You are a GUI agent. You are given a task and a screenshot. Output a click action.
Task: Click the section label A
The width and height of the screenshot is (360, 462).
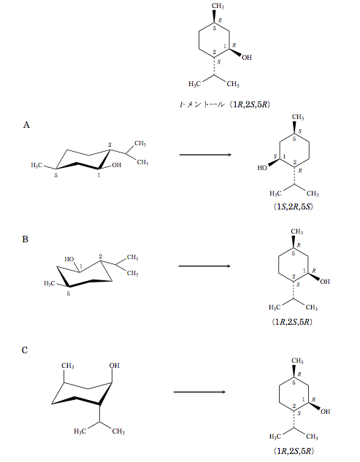(x=26, y=125)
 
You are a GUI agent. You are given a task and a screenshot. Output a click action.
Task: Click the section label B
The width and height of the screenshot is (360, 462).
(x=25, y=239)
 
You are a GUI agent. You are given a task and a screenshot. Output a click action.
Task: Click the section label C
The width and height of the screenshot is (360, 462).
(x=25, y=350)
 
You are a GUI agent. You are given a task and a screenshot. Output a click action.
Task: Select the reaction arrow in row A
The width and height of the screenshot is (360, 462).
(x=205, y=155)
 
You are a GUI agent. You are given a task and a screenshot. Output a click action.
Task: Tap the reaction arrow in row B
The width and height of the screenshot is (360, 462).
(x=204, y=266)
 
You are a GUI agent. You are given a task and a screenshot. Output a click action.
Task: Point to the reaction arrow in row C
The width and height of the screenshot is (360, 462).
(x=199, y=392)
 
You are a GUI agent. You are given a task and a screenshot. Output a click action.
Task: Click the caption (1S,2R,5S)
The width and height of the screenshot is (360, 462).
(x=293, y=207)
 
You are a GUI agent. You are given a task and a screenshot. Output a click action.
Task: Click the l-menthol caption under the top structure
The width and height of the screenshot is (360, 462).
(x=225, y=104)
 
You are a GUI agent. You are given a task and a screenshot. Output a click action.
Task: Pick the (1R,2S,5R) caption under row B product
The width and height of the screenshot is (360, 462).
(x=292, y=321)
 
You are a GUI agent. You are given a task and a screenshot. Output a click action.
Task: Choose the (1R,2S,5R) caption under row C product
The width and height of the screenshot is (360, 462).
(x=294, y=451)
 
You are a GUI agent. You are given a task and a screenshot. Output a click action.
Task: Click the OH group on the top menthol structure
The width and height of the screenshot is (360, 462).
(x=247, y=58)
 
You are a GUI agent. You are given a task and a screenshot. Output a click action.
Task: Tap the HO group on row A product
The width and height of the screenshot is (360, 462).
(x=262, y=168)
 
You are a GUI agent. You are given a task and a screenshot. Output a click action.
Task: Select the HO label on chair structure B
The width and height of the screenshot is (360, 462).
(x=69, y=259)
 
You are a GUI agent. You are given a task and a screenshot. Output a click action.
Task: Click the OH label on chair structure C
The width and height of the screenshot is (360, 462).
(x=115, y=366)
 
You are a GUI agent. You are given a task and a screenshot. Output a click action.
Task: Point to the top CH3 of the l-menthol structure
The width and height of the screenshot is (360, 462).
(x=218, y=6)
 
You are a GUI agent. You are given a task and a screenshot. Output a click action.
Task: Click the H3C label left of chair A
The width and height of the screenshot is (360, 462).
(x=37, y=165)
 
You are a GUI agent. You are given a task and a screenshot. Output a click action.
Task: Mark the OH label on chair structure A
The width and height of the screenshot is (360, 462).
(x=116, y=165)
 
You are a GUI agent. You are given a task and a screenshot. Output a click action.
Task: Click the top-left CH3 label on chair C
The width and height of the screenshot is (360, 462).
(x=67, y=366)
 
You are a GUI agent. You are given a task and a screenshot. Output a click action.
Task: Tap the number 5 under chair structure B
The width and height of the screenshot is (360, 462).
(x=69, y=293)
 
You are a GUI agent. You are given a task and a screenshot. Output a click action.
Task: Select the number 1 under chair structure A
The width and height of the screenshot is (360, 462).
(x=99, y=175)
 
